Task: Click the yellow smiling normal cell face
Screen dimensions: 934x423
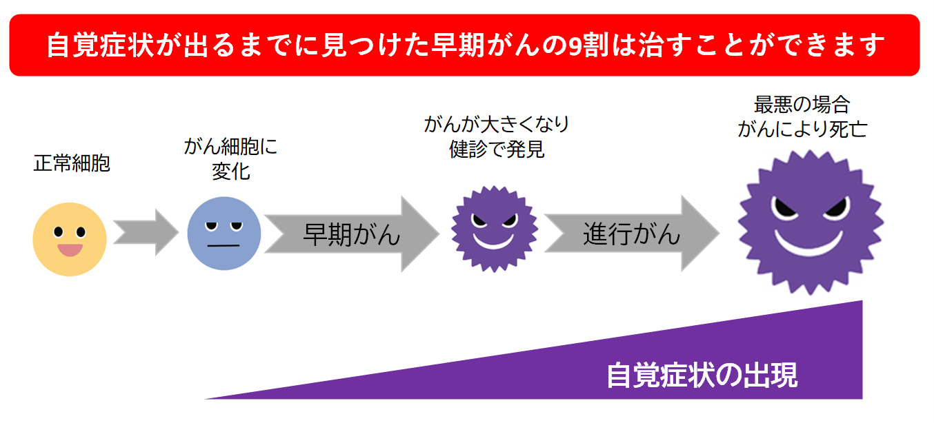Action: pyautogui.click(x=70, y=239)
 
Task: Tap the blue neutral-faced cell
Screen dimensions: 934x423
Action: pyautogui.click(x=224, y=234)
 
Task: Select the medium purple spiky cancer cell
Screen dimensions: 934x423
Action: pyautogui.click(x=494, y=229)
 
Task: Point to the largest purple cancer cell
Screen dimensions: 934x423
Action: pyautogui.click(x=810, y=223)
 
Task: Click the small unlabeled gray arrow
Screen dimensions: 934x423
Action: pyautogui.click(x=146, y=232)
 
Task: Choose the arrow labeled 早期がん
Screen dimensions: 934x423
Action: pyautogui.click(x=352, y=234)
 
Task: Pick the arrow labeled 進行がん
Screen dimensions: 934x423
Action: pyautogui.click(x=632, y=234)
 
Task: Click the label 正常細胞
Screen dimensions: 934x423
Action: pyautogui.click(x=72, y=163)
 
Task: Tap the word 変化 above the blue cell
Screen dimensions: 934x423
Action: pyautogui.click(x=230, y=171)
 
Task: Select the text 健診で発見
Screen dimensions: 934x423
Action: pyautogui.click(x=497, y=149)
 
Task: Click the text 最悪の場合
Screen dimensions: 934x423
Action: pyautogui.click(x=802, y=105)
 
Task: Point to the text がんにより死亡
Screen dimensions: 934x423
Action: pyautogui.click(x=802, y=129)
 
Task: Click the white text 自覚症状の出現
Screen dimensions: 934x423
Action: pyautogui.click(x=702, y=375)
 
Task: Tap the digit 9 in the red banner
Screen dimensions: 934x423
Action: pyautogui.click(x=576, y=45)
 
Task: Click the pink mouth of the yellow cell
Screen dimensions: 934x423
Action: pyautogui.click(x=70, y=250)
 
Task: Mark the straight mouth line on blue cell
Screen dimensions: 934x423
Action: pyautogui.click(x=223, y=246)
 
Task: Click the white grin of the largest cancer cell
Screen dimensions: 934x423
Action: pyautogui.click(x=808, y=243)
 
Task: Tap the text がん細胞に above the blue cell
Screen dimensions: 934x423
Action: pyautogui.click(x=230, y=147)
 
